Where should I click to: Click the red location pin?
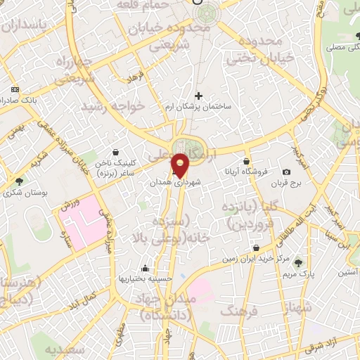coord(181,165)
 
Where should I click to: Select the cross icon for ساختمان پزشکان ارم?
coord(198,96)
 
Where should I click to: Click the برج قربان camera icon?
coord(286,172)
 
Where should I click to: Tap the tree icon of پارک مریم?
coord(299,262)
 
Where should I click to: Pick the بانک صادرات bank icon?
coord(15,91)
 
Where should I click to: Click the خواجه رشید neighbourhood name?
coord(113,106)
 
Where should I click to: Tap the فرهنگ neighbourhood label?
coord(238,310)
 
